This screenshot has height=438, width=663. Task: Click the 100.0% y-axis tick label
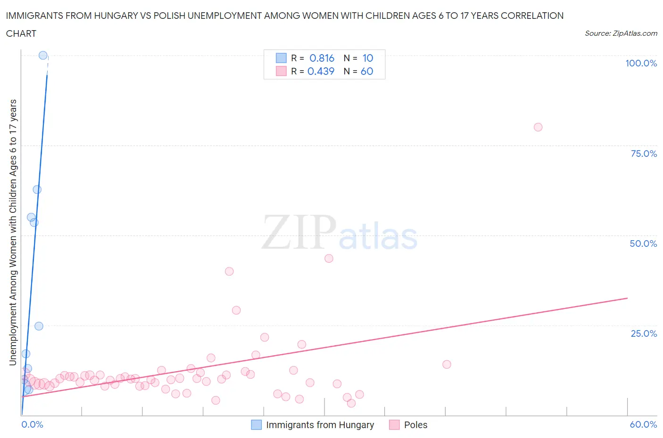tap(641, 63)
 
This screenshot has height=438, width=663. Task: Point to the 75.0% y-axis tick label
tap(644, 154)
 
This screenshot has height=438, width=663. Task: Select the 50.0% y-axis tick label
tap(643, 243)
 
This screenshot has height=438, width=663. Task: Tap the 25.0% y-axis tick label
tap(644, 333)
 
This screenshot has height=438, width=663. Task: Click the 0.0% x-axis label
tap(32, 424)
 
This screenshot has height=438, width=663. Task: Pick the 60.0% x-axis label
tap(643, 424)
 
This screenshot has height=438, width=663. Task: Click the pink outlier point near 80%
tap(538, 127)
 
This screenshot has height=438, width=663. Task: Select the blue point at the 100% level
tap(43, 55)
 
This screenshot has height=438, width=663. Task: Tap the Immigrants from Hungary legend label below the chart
tap(320, 425)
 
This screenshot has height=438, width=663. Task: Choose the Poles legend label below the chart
tap(415, 425)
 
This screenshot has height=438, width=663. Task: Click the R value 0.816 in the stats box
tap(322, 58)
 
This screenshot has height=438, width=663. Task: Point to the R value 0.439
tap(321, 71)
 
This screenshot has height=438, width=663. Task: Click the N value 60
tap(367, 71)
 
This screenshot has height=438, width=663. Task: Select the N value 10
tap(368, 58)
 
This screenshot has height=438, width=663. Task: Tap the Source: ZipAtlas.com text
tap(621, 33)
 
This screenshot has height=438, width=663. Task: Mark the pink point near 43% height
tap(329, 258)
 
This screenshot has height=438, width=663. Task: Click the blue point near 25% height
tap(39, 326)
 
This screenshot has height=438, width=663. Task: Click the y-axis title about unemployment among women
tap(13, 232)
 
